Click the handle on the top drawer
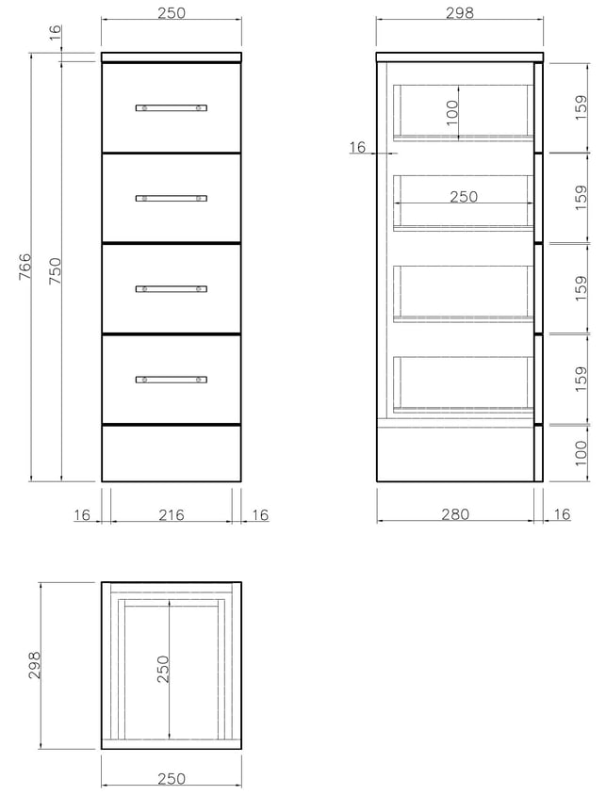172,107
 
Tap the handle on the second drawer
172,198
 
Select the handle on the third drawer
172,289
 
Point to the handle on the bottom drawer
172,380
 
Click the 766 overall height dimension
25,267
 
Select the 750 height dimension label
55,270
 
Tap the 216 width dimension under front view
172,514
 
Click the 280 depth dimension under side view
455,514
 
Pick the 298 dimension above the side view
459,12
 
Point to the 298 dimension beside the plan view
34,665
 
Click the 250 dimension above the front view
172,12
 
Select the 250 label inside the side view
464,196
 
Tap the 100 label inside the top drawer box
451,112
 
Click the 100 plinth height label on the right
581,453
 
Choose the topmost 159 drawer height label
581,107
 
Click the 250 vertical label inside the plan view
163,669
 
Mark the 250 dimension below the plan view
172,778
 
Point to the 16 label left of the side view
357,147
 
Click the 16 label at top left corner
55,32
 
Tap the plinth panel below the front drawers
172,453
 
